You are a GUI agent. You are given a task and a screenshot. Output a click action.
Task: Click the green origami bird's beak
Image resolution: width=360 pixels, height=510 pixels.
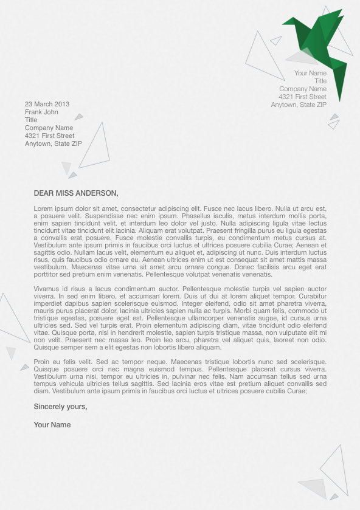(x=284, y=24)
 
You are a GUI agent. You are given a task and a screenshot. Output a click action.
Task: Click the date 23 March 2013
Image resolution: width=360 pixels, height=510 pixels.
(x=47, y=104)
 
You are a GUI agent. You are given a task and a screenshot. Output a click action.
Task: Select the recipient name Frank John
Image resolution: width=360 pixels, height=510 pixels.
(x=41, y=112)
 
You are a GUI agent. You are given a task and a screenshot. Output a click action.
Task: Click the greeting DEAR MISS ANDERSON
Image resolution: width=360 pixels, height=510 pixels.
(x=76, y=193)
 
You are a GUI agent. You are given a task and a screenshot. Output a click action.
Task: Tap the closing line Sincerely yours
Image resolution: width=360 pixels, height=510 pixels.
(x=60, y=407)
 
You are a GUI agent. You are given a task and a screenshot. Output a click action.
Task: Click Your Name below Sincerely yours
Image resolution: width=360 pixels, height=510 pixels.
(x=52, y=425)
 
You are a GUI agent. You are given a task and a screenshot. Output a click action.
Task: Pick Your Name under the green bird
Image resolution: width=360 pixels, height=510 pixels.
(x=310, y=73)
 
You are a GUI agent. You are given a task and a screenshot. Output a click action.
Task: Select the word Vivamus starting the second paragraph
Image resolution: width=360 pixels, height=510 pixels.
(x=46, y=289)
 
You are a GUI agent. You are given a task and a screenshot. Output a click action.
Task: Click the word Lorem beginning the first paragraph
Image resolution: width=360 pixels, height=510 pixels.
(x=44, y=208)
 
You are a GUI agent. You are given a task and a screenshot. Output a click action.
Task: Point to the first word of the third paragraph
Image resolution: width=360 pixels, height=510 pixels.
(x=43, y=362)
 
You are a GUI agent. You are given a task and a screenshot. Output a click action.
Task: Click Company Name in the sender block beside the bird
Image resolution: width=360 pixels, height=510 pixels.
(x=303, y=89)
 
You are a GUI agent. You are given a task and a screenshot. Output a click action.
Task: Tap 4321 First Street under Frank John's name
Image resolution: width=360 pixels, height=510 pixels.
(x=50, y=136)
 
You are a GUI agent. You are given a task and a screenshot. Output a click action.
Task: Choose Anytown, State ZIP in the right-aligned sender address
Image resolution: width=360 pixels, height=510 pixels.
(x=299, y=105)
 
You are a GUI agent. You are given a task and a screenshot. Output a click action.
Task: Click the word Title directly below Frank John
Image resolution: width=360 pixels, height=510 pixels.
(x=31, y=120)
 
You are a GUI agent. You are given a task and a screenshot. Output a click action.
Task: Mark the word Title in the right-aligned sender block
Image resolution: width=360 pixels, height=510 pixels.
(x=320, y=81)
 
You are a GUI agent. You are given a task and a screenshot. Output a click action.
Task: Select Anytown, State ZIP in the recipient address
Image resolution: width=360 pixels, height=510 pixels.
(x=53, y=143)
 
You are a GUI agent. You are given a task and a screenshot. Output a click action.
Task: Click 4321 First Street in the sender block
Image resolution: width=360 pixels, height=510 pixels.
(x=302, y=97)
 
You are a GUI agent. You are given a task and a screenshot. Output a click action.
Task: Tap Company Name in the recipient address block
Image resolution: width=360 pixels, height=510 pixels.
(x=49, y=128)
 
